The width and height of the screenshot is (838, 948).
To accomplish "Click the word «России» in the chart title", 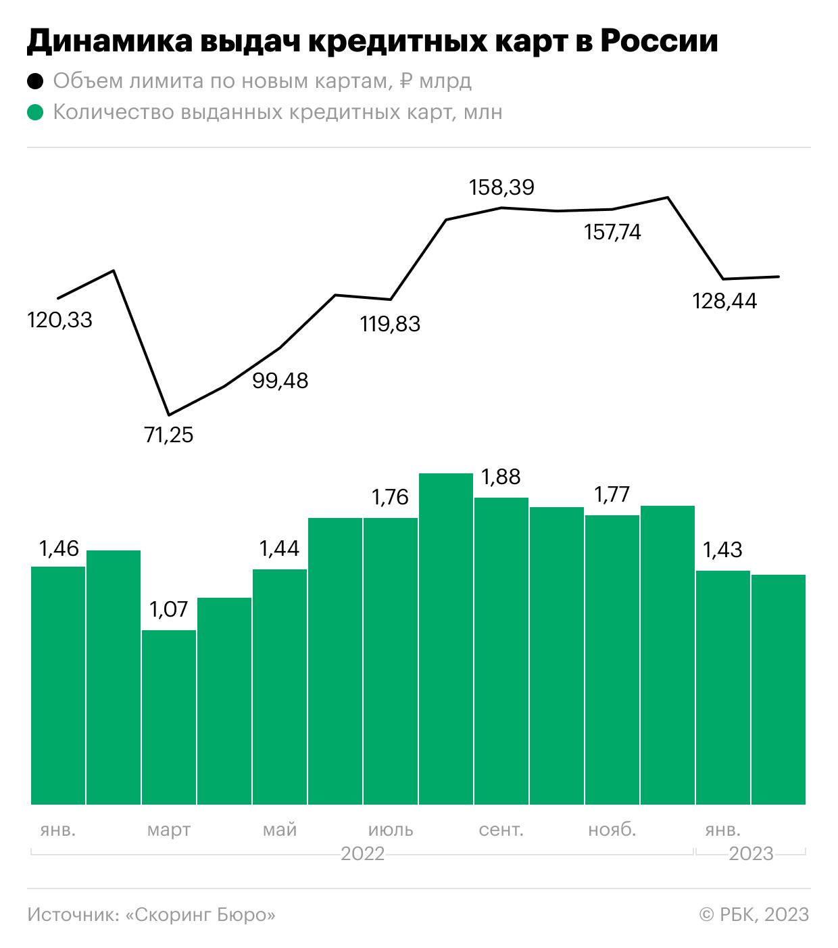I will click(x=659, y=42).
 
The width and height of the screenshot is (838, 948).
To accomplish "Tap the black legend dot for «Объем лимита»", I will click(x=35, y=82).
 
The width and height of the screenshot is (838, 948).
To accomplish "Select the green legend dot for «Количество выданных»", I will click(x=35, y=112).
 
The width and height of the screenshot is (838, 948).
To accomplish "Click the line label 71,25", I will click(x=168, y=435).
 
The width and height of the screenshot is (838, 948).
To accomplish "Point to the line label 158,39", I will click(x=501, y=187).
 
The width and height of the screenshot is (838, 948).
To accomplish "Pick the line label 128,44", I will click(x=724, y=301).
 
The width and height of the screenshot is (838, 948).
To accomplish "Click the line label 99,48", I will click(x=280, y=381).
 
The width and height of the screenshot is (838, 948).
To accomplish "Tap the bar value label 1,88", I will click(x=500, y=477).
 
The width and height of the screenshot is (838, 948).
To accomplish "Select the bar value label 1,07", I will click(x=168, y=610).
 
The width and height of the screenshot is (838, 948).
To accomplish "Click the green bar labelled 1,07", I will click(x=169, y=717).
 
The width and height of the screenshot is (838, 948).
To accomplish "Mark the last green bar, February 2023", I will click(x=779, y=690).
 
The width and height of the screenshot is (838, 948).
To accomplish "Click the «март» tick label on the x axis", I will click(x=169, y=830).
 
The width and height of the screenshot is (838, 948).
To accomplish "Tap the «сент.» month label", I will click(x=501, y=830).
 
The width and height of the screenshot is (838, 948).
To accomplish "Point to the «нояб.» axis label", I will click(x=612, y=830).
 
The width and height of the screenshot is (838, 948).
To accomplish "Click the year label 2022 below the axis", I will click(x=362, y=854).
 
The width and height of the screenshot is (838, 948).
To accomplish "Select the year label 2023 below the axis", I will click(x=751, y=854).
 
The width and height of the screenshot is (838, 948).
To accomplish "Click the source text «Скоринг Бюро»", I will click(x=201, y=915).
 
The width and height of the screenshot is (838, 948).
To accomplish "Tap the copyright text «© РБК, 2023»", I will click(x=754, y=915).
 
